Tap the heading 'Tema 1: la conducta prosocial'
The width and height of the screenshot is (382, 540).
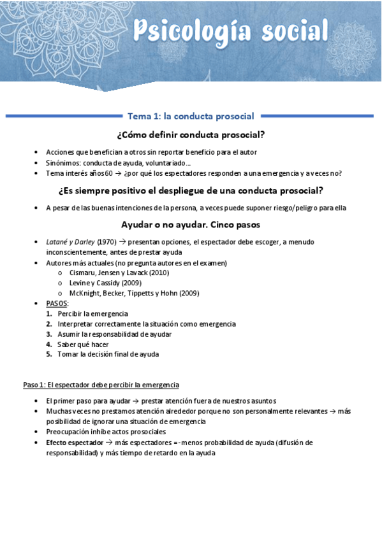click(191, 117)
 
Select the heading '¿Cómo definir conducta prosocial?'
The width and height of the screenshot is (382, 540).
click(191, 135)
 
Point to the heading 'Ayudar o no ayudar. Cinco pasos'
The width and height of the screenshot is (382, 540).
click(191, 225)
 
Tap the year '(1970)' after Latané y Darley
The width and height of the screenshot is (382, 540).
click(107, 242)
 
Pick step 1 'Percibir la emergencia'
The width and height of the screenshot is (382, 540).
click(92, 313)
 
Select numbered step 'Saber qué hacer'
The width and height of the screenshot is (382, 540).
click(83, 344)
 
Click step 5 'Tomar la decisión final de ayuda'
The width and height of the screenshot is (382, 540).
click(108, 354)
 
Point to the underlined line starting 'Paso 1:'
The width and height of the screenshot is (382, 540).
click(101, 385)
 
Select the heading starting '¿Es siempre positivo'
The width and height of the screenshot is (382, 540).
click(191, 190)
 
